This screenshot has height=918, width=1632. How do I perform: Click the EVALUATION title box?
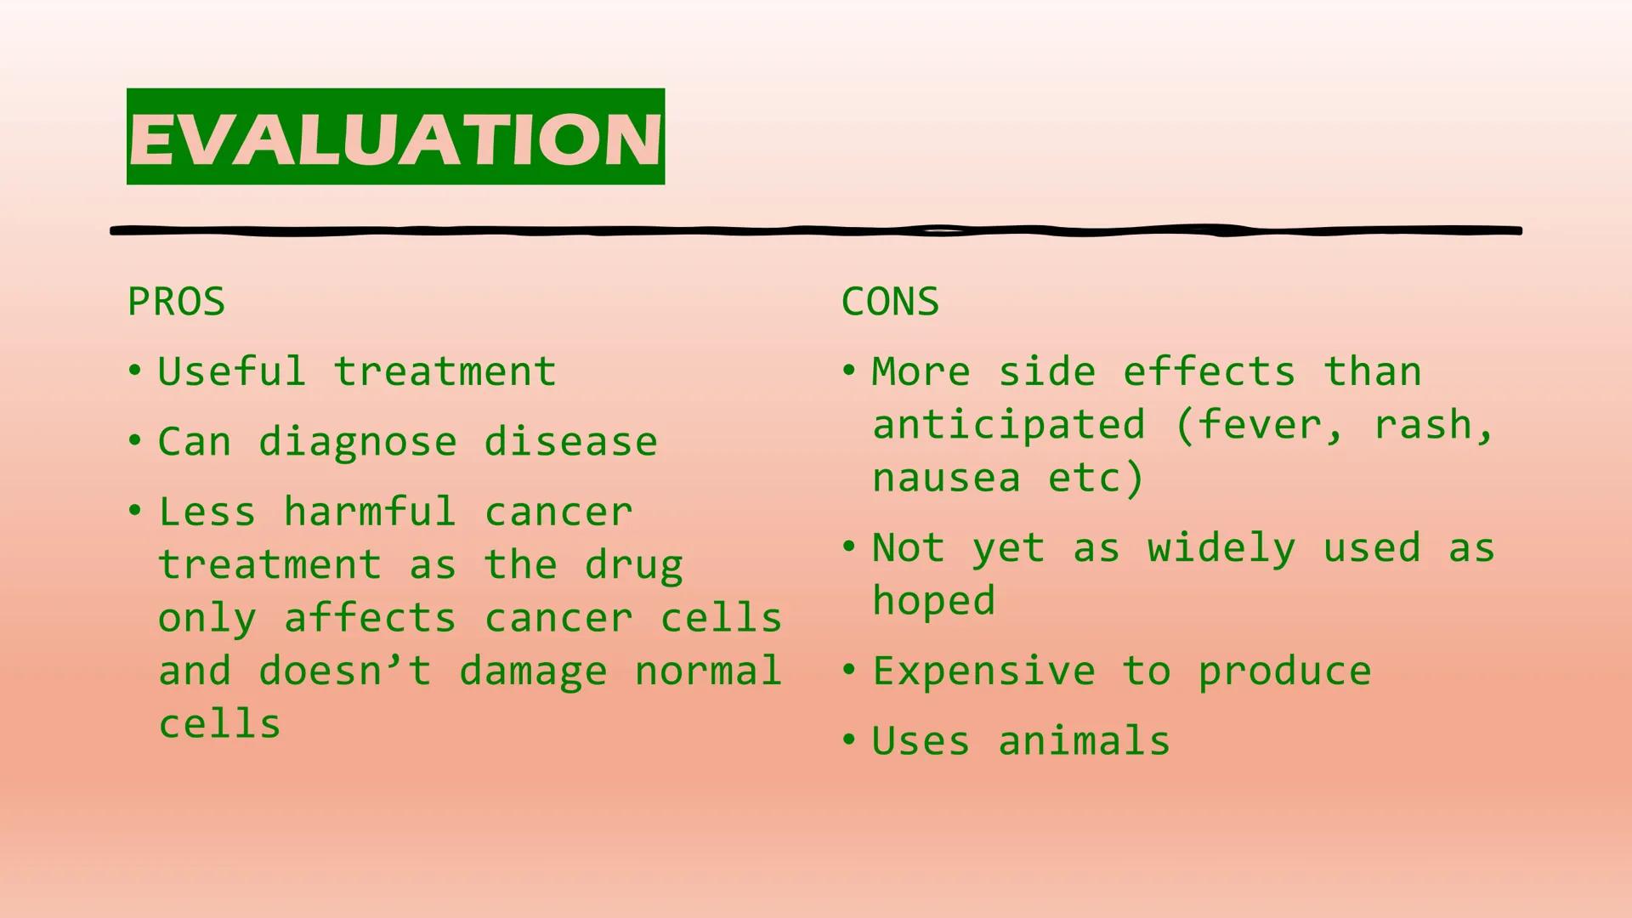pyautogui.click(x=395, y=137)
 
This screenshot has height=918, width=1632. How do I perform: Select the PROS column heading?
pyautogui.click(x=176, y=302)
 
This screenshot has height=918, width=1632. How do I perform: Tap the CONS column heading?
pyautogui.click(x=890, y=302)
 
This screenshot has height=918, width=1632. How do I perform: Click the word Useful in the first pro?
pyautogui.click(x=231, y=372)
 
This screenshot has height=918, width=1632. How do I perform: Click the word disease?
pyautogui.click(x=570, y=442)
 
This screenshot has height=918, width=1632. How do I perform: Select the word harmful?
pyautogui.click(x=370, y=513)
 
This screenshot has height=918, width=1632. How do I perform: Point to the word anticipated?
pyautogui.click(x=1009, y=425)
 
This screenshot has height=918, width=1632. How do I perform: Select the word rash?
pyautogui.click(x=1431, y=425)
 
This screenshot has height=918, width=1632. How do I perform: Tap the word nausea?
pyautogui.click(x=946, y=478)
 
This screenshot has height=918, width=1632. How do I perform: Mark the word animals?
pyautogui.click(x=1084, y=741)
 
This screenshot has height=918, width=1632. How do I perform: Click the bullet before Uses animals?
pyautogui.click(x=848, y=740)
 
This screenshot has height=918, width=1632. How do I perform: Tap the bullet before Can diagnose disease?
pyautogui.click(x=134, y=441)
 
